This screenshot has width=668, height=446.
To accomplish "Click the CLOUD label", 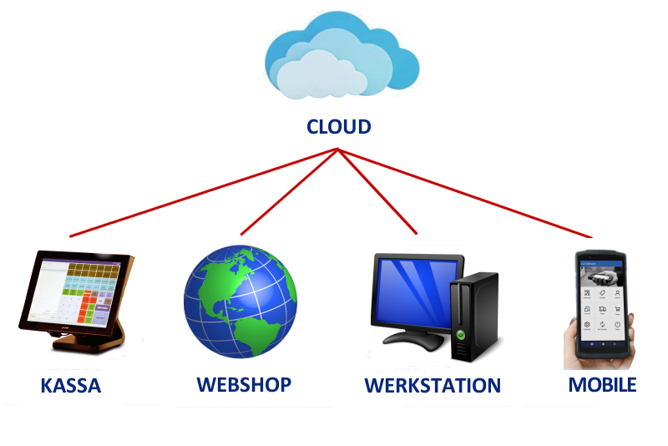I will [338, 127].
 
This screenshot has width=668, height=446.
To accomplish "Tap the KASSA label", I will [70, 386].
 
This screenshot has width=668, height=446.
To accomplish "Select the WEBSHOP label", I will [244, 384].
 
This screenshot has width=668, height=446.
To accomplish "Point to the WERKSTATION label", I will [432, 386].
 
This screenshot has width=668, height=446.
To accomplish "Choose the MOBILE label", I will [602, 384].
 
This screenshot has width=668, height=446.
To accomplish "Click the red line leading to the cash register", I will [200, 193].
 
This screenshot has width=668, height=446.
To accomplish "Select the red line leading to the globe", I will [288, 193].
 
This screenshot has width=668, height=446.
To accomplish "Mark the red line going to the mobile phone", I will [468, 193].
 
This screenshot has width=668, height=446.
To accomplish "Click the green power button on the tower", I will [460, 335].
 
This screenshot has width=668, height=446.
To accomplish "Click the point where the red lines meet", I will [337, 150].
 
